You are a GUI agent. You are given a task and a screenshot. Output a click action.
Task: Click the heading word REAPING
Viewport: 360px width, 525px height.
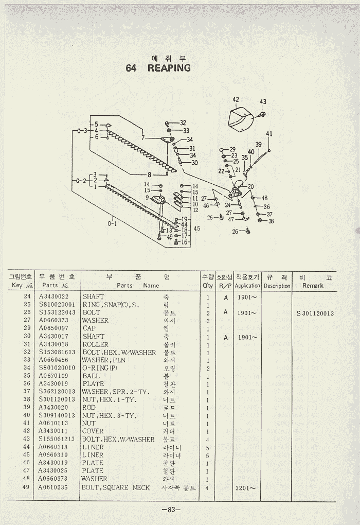pyautogui.click(x=169, y=68)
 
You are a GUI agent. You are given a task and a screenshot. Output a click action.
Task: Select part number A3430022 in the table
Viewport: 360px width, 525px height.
pyautogui.click(x=53, y=297)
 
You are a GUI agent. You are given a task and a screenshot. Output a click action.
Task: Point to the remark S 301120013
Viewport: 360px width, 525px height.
pyautogui.click(x=315, y=313)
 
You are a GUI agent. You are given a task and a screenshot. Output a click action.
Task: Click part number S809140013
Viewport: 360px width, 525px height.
pyautogui.click(x=57, y=415)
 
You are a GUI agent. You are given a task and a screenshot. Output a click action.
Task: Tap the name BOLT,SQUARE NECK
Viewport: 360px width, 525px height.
pyautogui.click(x=116, y=487)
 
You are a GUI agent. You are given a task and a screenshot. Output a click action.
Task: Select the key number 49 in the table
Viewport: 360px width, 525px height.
pyautogui.click(x=27, y=487)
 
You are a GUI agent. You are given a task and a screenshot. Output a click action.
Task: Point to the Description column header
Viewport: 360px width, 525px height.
pyautogui.click(x=277, y=286)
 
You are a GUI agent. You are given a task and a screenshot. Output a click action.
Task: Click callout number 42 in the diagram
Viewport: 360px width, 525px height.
pyautogui.click(x=236, y=99)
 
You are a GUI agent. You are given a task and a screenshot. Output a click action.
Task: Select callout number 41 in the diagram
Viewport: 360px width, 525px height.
pyautogui.click(x=269, y=134)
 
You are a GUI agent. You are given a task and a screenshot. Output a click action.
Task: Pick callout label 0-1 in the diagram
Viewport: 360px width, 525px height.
pyautogui.click(x=112, y=223)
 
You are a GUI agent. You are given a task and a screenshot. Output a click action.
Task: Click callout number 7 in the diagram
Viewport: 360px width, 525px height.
pyautogui.click(x=143, y=138)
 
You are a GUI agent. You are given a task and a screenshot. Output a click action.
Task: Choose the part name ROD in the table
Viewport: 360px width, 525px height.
pyautogui.click(x=89, y=408)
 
